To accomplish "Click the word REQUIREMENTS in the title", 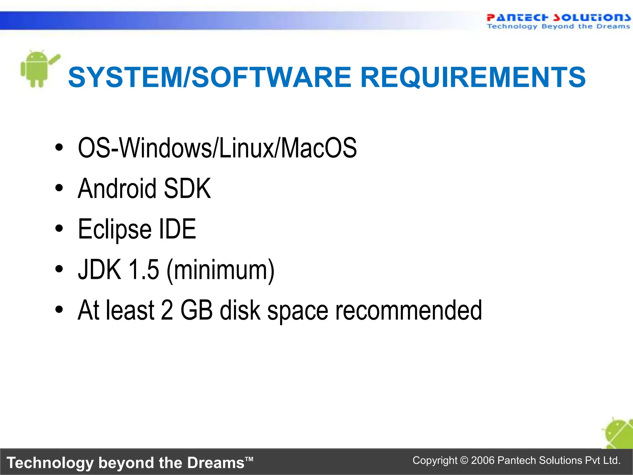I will point(473,77).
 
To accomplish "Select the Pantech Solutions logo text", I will point(558,18).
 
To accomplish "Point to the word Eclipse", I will point(114,229).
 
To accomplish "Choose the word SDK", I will point(187,188).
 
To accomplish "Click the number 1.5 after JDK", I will point(143,270).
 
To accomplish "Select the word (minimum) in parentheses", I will point(220,270).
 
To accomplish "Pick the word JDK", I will point(100,270).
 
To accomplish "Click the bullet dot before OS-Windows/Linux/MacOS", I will point(59,148).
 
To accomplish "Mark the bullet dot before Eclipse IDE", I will point(59,229).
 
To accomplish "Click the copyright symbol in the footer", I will point(464,460).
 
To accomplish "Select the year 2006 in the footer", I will point(483,460).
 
